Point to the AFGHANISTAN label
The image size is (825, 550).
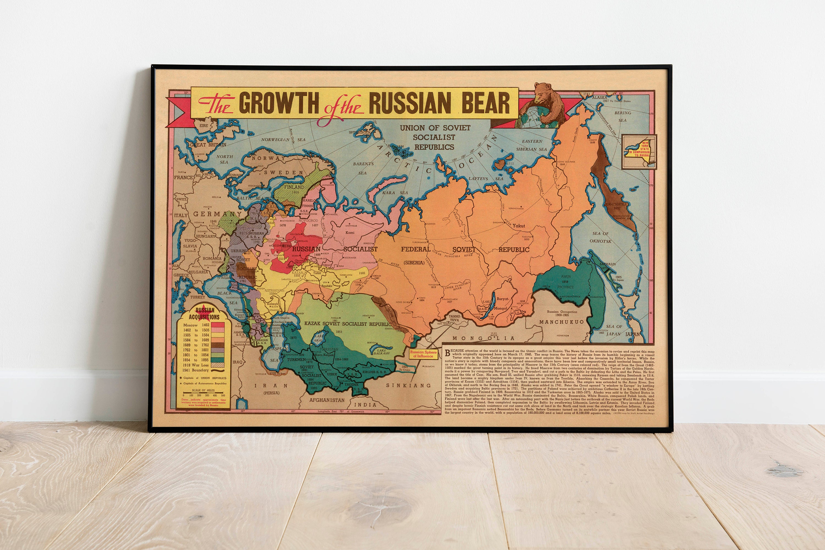327,400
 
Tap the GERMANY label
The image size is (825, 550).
218,214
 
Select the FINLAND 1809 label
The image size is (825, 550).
294,189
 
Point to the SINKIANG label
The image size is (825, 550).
408,385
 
